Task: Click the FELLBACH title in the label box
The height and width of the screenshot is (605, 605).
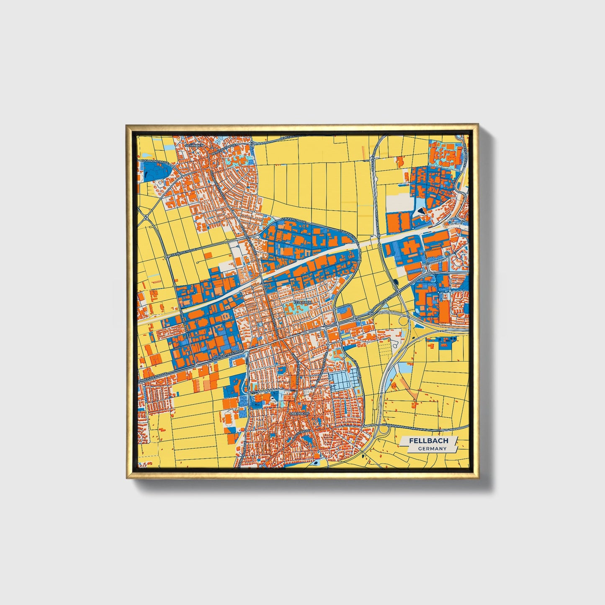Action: point(428,441)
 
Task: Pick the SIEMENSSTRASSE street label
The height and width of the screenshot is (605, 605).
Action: point(184,252)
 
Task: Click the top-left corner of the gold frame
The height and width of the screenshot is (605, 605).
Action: point(127,126)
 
